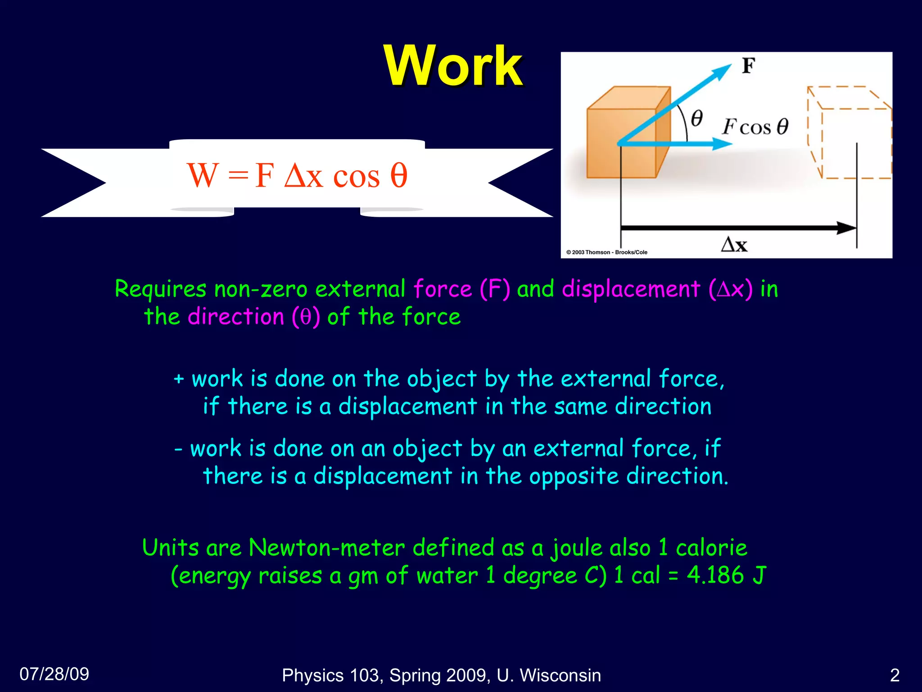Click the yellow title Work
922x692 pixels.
(x=453, y=66)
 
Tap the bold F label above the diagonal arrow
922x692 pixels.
(x=748, y=66)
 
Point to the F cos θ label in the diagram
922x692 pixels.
(x=755, y=127)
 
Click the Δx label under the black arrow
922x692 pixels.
(x=734, y=245)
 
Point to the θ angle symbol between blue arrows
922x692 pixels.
(x=696, y=118)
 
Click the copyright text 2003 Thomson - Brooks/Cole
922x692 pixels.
(x=607, y=252)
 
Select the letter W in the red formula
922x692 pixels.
(x=203, y=176)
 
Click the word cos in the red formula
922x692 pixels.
(x=357, y=177)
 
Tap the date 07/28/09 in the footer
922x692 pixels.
(x=54, y=674)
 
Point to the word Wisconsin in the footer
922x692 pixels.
(x=560, y=675)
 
